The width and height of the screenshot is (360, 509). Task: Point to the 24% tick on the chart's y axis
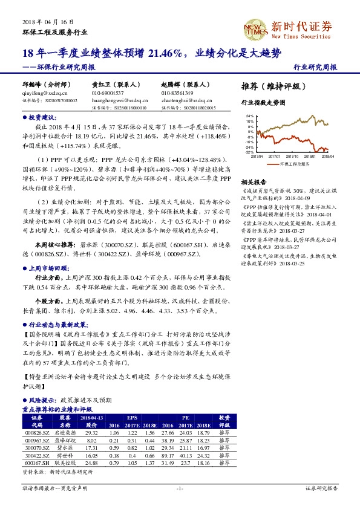[x=248, y=115]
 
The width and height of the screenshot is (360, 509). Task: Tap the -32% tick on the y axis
[x=248, y=152]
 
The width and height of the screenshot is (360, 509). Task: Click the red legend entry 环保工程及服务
[x=291, y=164]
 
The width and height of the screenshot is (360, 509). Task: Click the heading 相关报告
[x=253, y=182]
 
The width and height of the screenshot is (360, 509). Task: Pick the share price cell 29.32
[x=92, y=433]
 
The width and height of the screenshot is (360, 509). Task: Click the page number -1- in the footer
[x=180, y=487]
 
